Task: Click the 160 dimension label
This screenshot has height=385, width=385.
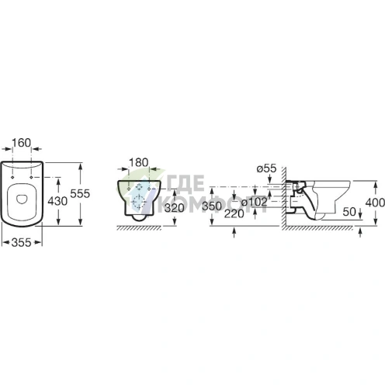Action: (22, 143)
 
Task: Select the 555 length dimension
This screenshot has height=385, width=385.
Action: (80, 193)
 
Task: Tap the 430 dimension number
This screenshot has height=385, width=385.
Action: (57, 201)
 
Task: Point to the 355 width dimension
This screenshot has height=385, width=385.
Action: (22, 243)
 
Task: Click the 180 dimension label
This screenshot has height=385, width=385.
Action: (139, 162)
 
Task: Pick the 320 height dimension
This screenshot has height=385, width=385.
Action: (175, 208)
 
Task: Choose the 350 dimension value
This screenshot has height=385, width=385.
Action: (212, 206)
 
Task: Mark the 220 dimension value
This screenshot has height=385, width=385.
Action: (234, 213)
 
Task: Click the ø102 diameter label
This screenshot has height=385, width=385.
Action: (254, 202)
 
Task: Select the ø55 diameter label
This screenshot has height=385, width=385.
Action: (266, 168)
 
